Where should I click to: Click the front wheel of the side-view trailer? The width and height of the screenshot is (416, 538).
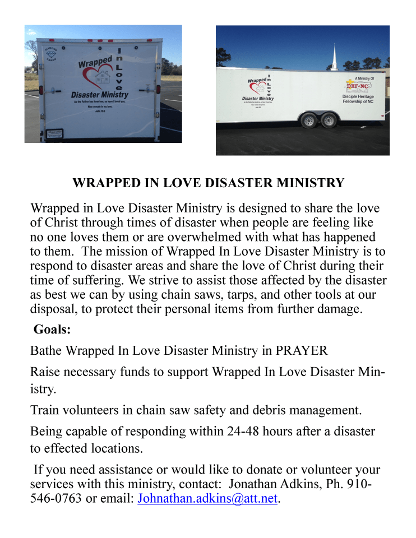coord(308,120)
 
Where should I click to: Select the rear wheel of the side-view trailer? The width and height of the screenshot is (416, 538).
coord(327,120)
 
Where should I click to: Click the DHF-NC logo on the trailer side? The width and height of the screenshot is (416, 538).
coord(356,86)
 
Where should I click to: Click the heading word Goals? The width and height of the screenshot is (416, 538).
coord(52,330)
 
